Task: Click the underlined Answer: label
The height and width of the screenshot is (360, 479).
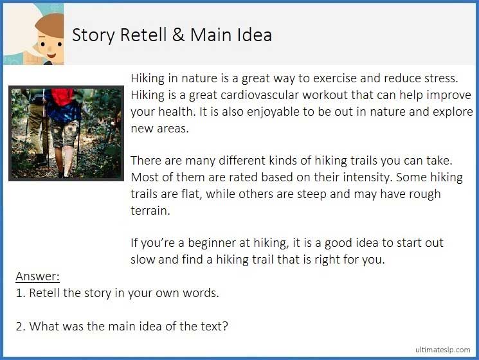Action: pyautogui.click(x=37, y=277)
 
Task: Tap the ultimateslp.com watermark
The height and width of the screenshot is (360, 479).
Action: pyautogui.click(x=442, y=350)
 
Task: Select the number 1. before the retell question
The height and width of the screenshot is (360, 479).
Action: pyautogui.click(x=20, y=293)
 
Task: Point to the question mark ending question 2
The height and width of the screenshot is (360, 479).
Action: pyautogui.click(x=225, y=327)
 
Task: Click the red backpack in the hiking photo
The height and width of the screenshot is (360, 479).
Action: pyautogui.click(x=63, y=98)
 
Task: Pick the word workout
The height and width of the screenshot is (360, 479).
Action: pyautogui.click(x=346, y=95)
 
